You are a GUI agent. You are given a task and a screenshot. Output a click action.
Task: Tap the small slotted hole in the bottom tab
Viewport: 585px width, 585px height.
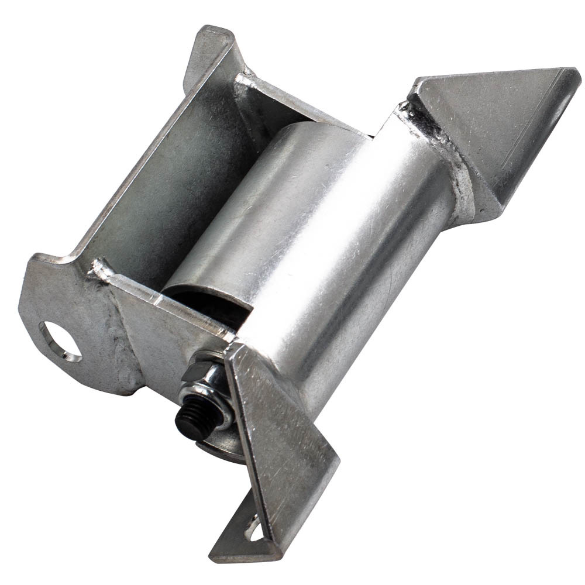[x=254, y=529]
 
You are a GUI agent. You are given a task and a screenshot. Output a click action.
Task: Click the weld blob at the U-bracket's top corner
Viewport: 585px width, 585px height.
[x=246, y=79]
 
